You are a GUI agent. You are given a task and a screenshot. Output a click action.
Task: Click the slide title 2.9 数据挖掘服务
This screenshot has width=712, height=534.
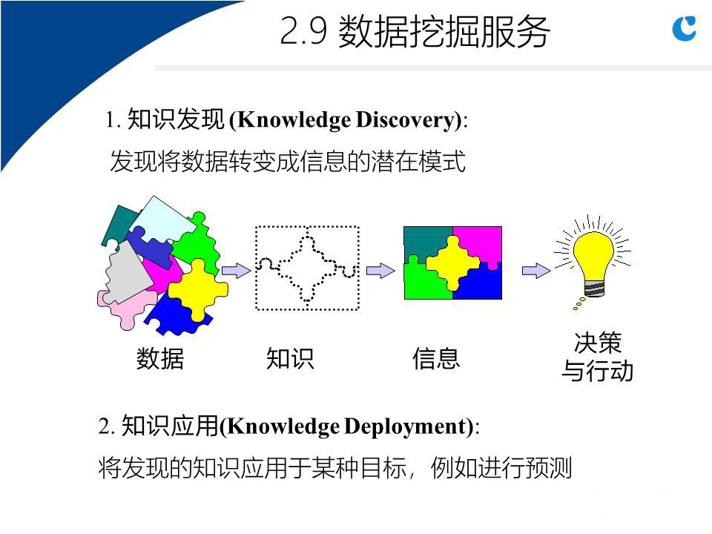tap(415, 31)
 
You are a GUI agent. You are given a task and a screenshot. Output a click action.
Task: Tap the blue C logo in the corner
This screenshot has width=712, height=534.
tap(684, 28)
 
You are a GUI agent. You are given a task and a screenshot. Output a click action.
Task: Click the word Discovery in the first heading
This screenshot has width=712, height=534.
tap(405, 120)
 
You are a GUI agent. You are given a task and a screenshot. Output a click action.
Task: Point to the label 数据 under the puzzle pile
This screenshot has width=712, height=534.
tap(160, 359)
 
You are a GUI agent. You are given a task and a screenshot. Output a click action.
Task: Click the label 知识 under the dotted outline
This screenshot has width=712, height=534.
tap(290, 359)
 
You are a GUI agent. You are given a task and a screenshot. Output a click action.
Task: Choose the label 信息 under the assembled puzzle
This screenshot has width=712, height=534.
tap(436, 359)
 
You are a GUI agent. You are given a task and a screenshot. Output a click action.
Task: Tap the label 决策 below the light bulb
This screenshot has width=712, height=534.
tap(598, 343)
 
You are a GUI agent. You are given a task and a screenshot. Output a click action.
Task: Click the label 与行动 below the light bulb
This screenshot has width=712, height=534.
tap(597, 371)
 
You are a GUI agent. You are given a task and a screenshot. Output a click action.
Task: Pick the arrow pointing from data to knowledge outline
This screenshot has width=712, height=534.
tap(236, 271)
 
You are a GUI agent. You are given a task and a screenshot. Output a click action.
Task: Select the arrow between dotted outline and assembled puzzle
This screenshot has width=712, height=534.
tap(380, 271)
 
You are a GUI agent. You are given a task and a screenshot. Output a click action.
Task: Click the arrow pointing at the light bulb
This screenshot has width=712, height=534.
tap(536, 271)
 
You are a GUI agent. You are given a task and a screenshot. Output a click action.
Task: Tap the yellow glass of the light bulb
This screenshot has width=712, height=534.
tap(593, 254)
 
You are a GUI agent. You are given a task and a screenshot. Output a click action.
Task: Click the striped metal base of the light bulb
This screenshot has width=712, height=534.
tap(594, 288)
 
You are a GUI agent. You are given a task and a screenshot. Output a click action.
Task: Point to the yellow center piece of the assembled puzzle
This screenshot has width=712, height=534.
tap(452, 263)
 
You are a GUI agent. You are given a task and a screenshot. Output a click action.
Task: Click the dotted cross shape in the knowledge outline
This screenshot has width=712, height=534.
tap(307, 268)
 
